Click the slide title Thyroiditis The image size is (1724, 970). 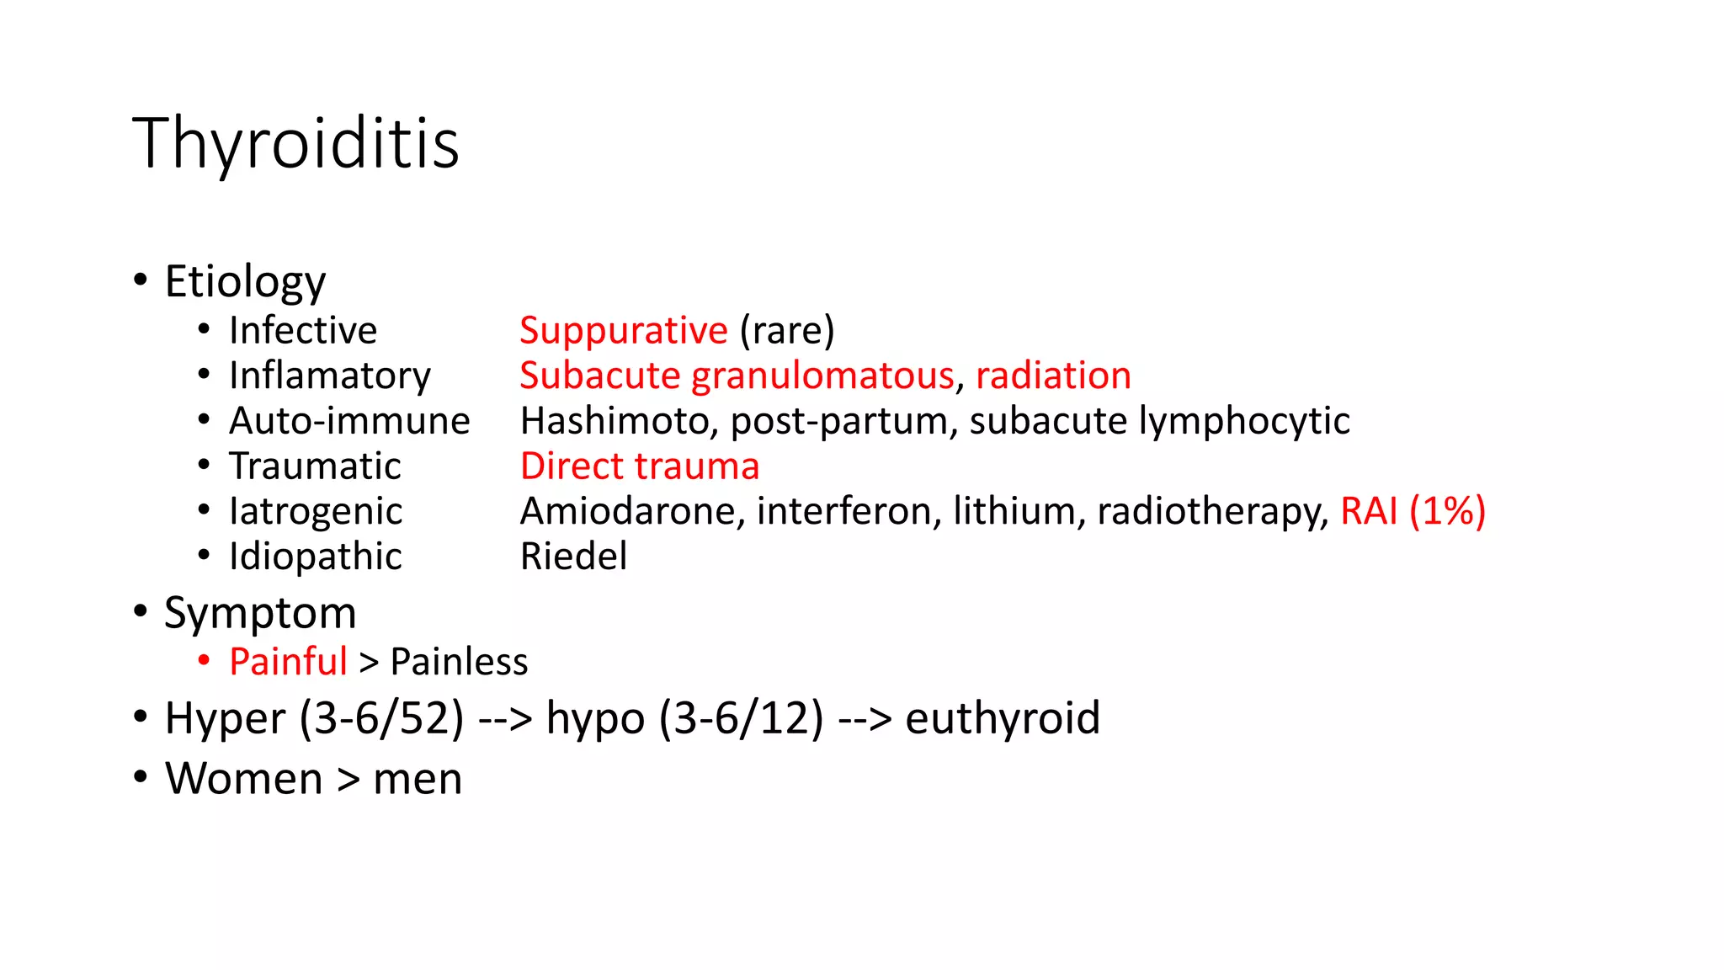click(295, 143)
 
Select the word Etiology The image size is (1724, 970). click(245, 281)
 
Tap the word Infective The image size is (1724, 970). click(303, 330)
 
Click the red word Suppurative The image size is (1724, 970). click(623, 330)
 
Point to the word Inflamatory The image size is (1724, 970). click(330, 376)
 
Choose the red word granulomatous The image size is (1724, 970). click(822, 376)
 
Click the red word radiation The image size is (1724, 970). click(1053, 376)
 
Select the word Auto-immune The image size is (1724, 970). click(349, 421)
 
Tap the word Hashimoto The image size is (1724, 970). click(614, 421)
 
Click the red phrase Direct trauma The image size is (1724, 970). click(640, 466)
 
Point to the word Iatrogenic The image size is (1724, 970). click(316, 512)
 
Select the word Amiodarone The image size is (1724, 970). click(632, 512)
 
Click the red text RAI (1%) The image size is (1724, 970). click(1413, 512)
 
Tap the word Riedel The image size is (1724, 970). click(573, 557)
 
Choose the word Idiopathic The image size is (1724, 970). click(316, 557)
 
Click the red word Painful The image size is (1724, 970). click(288, 662)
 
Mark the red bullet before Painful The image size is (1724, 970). click(204, 661)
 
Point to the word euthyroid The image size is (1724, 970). click(1002, 718)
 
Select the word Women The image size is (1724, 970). click(244, 779)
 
